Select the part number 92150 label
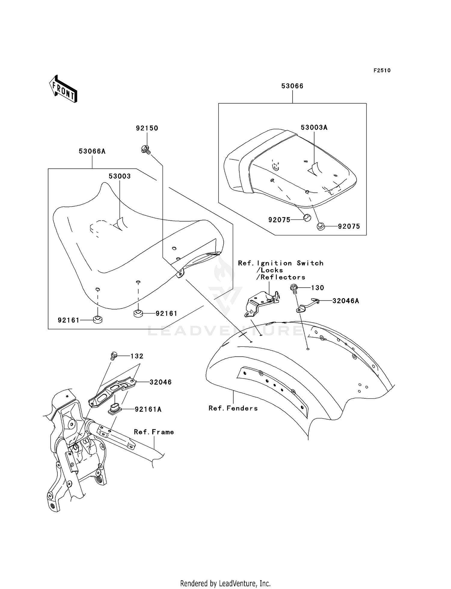pos(147,128)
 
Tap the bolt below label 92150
pos(146,149)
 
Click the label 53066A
pos(92,151)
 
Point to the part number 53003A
pos(314,127)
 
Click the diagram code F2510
pos(382,71)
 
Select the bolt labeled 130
pos(293,288)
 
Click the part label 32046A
pos(346,301)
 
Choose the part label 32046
pos(161,382)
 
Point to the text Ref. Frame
pos(154,432)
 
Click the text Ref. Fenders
pos(233,408)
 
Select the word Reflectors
pos(283,277)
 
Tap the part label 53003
pos(120,176)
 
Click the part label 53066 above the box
pos(292,86)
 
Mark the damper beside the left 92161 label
pos(97,320)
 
